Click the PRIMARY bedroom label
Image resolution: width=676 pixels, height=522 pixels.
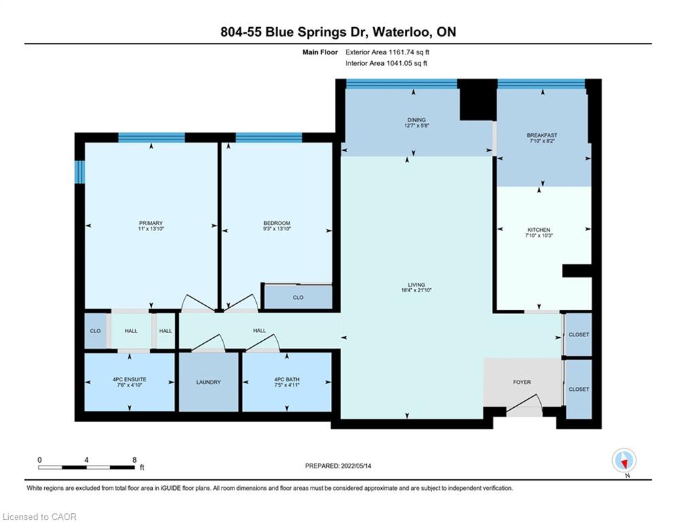coord(151,223)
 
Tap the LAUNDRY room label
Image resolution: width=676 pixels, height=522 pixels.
coord(208,382)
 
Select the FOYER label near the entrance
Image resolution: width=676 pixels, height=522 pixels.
coord(522,382)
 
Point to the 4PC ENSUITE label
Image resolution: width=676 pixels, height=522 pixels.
coord(129,380)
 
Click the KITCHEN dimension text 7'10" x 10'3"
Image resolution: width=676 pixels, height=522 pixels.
coord(539,236)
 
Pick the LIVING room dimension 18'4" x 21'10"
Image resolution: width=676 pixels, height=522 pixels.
coord(416,290)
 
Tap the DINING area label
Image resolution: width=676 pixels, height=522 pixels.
coord(416,120)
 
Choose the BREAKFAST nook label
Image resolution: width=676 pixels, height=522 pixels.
coord(542,135)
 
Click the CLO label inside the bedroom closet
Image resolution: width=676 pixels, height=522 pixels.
coord(298,298)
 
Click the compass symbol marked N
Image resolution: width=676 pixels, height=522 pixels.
coord(624,461)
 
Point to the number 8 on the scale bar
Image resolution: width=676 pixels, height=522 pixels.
coord(135,460)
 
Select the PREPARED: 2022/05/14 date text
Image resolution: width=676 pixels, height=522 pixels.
coord(338,466)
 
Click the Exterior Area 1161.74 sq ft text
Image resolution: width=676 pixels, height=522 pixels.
coord(387,52)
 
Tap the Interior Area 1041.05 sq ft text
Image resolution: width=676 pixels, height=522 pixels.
coord(387,63)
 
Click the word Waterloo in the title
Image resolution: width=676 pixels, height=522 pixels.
coord(401,33)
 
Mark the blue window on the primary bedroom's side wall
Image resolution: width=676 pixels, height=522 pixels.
coord(79,172)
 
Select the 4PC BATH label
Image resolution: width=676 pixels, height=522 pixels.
coord(287,380)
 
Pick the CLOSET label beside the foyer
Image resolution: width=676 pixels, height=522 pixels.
coord(579,389)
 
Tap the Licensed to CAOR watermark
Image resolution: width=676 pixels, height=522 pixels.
coord(39,517)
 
